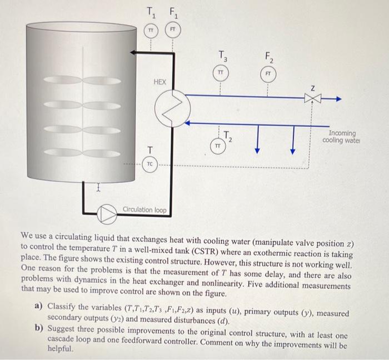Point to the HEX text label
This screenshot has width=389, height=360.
159,82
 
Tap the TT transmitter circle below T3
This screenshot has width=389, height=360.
221,73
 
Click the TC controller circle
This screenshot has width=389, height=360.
150,165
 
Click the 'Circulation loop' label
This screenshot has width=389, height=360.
143,209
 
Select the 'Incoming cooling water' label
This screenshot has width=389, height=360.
342,137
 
